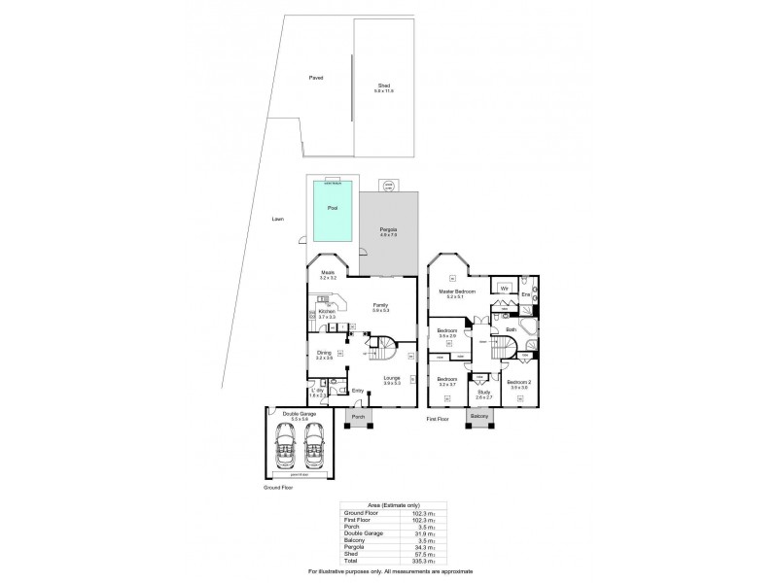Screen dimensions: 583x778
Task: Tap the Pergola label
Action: (x=388, y=229)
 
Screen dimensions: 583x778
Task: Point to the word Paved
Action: (x=315, y=78)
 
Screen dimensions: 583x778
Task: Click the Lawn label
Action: (x=278, y=220)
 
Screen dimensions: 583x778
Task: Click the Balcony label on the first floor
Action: (x=479, y=417)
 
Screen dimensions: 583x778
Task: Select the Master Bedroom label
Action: (x=455, y=291)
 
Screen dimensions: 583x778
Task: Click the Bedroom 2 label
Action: (x=518, y=383)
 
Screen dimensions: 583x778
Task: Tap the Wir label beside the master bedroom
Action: (x=505, y=289)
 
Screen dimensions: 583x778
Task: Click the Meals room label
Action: (x=328, y=273)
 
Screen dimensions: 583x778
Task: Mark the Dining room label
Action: (x=323, y=354)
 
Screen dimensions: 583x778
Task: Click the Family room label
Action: (x=380, y=305)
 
